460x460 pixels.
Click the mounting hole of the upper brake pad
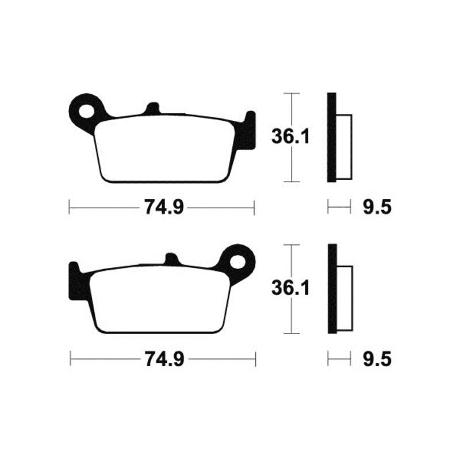(87, 109)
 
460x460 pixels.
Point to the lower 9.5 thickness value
(377, 359)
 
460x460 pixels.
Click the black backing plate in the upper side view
(331, 137)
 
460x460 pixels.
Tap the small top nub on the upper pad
(152, 108)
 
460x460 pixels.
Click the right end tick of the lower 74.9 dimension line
(255, 359)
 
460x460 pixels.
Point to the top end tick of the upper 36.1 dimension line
(293, 93)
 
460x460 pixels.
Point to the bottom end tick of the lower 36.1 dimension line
(293, 333)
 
